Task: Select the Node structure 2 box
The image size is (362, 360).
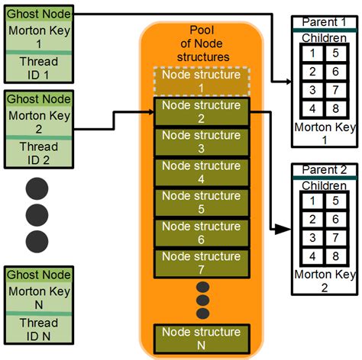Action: click(202, 112)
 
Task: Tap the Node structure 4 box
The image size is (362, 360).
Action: click(202, 173)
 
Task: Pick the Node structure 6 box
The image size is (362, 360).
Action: click(202, 233)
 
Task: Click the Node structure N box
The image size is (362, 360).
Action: click(202, 339)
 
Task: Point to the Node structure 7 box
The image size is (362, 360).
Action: click(202, 264)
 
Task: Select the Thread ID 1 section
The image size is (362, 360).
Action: click(38, 67)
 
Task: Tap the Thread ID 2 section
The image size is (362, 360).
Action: click(38, 152)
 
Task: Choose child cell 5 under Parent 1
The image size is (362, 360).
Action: click(336, 54)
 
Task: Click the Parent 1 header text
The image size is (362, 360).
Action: click(325, 21)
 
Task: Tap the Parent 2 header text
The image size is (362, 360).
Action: click(325, 169)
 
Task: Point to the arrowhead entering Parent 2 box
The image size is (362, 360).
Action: click(286, 229)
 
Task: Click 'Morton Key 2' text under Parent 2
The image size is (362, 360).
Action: click(325, 281)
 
